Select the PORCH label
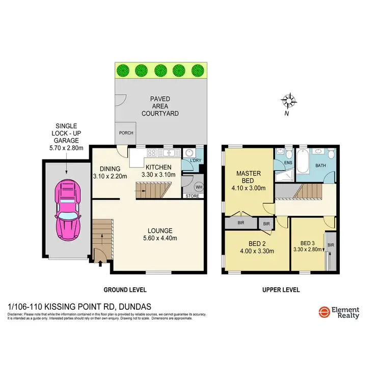(x=126, y=133)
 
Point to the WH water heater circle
(x=198, y=186)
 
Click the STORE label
(x=192, y=195)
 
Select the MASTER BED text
(x=249, y=177)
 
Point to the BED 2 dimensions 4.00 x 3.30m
(x=257, y=251)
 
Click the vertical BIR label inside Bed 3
(x=331, y=244)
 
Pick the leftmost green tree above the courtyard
(x=122, y=70)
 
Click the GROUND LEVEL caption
(x=125, y=290)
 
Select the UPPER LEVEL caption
(x=281, y=290)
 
